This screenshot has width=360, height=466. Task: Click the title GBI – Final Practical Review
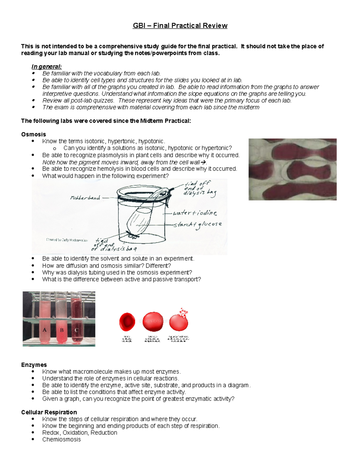click(x=180, y=26)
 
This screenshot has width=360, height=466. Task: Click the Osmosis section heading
click(x=33, y=134)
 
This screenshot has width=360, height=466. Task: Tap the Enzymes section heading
click(x=34, y=365)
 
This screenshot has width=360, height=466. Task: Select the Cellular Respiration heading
click(x=49, y=412)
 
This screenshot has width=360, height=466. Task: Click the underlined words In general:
click(x=46, y=67)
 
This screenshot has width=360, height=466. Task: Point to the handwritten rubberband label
click(x=85, y=198)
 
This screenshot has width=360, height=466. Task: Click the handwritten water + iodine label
click(x=195, y=213)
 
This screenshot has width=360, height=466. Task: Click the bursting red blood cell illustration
click(x=179, y=321)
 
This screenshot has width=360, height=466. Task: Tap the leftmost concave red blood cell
click(x=127, y=322)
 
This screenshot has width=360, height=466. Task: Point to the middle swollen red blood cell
click(x=153, y=322)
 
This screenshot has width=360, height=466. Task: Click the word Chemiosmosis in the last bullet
click(x=61, y=440)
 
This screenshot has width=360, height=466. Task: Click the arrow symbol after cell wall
click(x=203, y=162)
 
